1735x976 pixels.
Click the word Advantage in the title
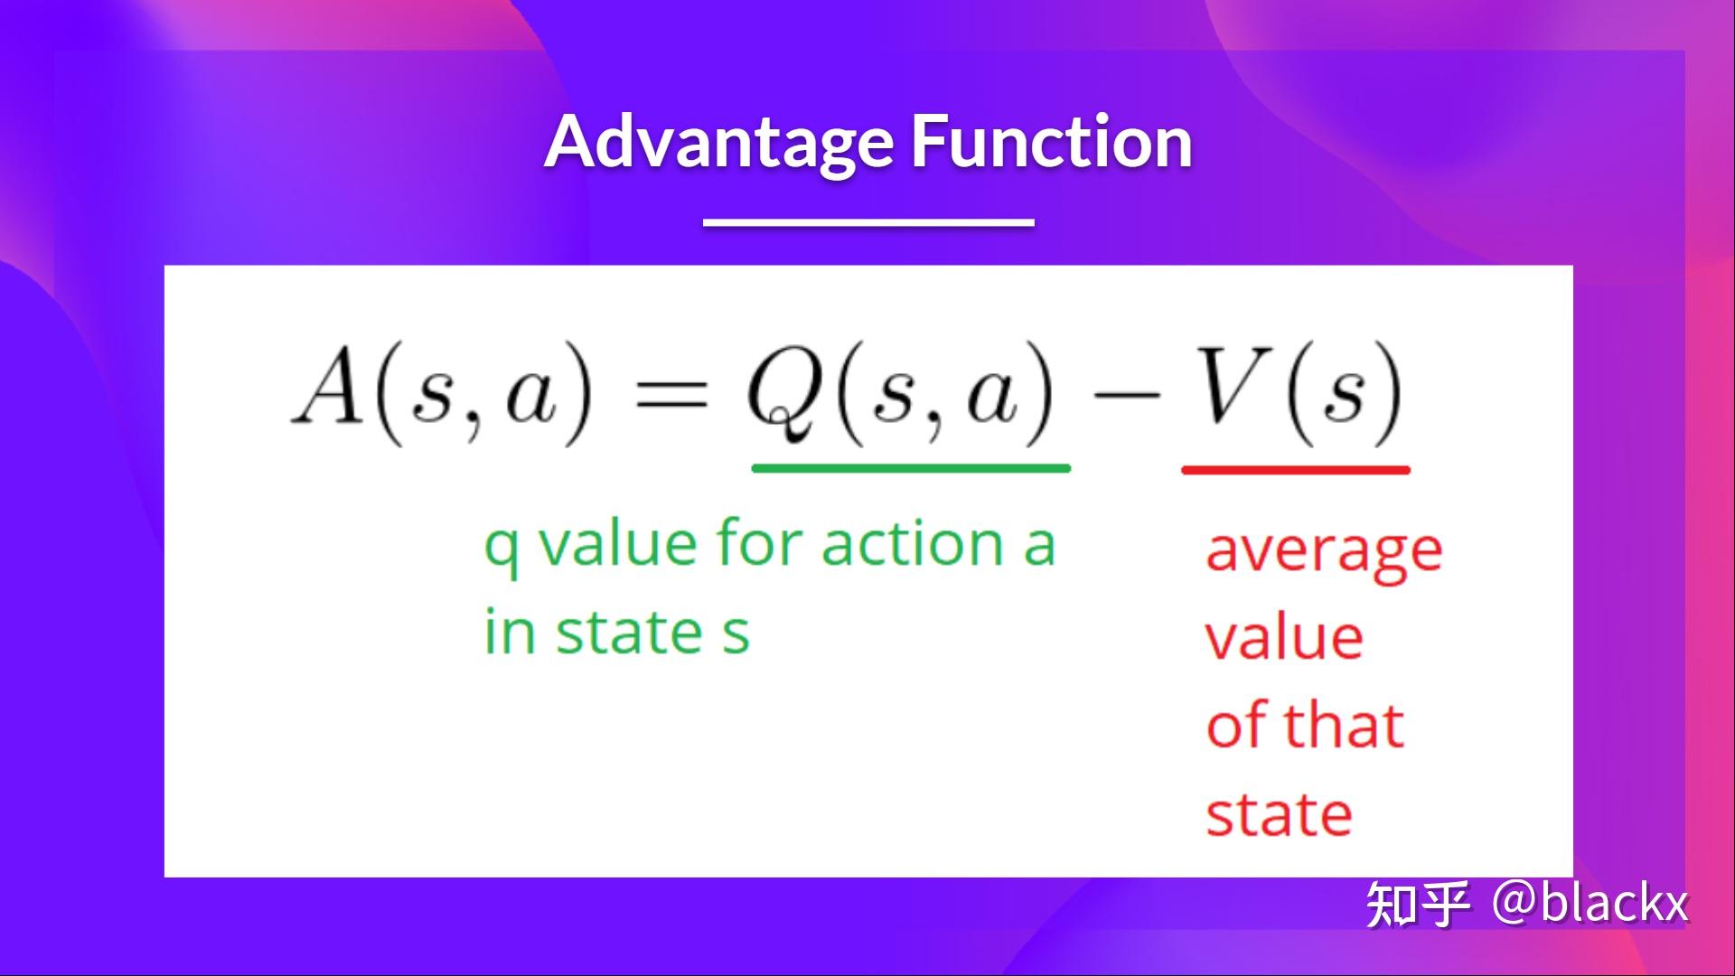(718, 143)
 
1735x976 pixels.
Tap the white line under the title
(868, 221)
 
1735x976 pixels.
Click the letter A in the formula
(327, 390)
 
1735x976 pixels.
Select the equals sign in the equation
(671, 396)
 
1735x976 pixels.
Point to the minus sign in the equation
(1124, 395)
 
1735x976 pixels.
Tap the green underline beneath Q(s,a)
(911, 468)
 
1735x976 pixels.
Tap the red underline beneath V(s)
(1295, 470)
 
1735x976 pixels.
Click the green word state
(628, 633)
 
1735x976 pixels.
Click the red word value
(1284, 638)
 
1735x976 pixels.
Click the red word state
(1279, 815)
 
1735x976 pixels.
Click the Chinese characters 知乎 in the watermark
(1417, 904)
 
